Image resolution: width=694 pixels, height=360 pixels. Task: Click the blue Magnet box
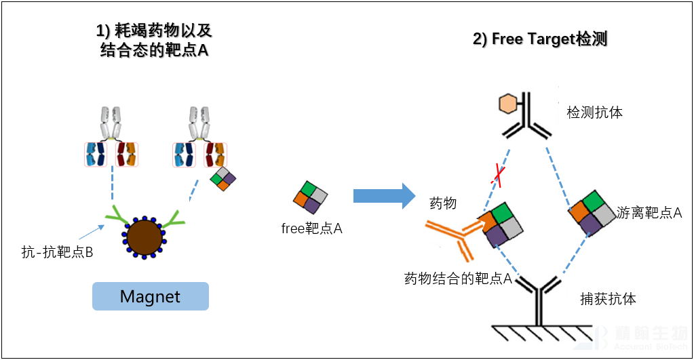click(x=150, y=296)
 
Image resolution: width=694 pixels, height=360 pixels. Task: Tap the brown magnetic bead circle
click(x=144, y=237)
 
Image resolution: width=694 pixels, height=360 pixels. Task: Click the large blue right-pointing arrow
click(x=384, y=196)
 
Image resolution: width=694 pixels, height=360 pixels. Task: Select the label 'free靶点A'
click(x=311, y=228)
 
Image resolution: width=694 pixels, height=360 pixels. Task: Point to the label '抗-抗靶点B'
click(x=57, y=253)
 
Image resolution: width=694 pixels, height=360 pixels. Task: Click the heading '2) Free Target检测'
click(x=539, y=39)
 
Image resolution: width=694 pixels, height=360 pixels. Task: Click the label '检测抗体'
click(x=594, y=113)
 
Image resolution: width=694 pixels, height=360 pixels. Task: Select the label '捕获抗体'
click(x=608, y=298)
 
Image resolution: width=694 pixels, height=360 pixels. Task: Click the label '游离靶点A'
click(x=649, y=212)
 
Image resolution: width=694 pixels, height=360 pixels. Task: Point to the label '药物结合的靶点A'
click(x=457, y=279)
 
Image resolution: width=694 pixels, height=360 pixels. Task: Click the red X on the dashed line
click(x=500, y=175)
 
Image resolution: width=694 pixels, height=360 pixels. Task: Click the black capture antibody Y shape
click(x=540, y=298)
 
